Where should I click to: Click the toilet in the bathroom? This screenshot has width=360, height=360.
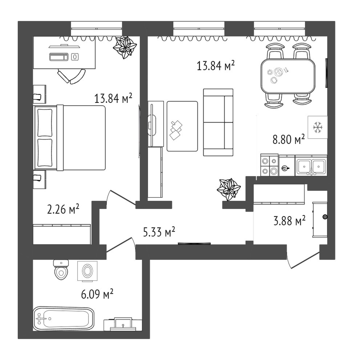61,270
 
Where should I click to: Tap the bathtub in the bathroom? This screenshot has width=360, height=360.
64,319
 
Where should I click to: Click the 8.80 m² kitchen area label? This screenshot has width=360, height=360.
289,139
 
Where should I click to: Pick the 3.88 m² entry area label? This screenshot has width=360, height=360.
290,221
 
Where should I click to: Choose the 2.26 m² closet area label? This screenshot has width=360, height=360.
63,209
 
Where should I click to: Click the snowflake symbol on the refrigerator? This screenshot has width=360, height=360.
318,128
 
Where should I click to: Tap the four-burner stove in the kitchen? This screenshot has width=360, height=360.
269,165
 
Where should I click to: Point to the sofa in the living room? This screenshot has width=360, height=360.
218,122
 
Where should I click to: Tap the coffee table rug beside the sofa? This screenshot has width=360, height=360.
182,126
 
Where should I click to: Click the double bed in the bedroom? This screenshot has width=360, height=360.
69,138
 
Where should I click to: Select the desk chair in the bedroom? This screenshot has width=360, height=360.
72,76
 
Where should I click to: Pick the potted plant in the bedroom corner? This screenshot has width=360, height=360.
125,47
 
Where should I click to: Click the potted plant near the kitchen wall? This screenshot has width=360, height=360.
228,189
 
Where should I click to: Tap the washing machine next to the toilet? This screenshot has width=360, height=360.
87,271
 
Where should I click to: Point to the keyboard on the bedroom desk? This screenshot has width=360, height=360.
59,57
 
